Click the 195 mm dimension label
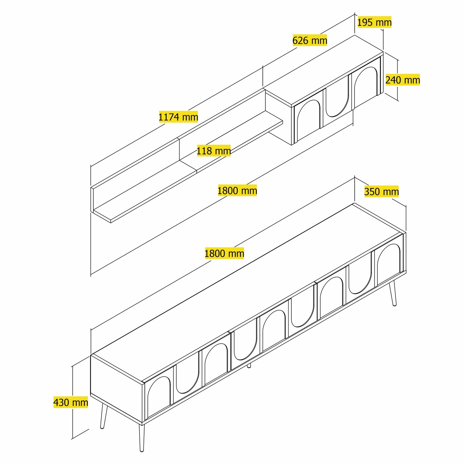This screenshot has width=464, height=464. [x=374, y=23]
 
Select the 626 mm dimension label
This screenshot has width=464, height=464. [x=310, y=41]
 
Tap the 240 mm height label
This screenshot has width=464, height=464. [x=402, y=80]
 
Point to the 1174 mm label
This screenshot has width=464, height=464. [x=178, y=117]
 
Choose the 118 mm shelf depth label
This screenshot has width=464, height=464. [x=213, y=151]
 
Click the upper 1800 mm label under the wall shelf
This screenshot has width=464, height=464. [x=237, y=191]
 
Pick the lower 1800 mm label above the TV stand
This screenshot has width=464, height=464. [x=224, y=254]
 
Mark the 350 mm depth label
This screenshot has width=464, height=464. [x=381, y=192]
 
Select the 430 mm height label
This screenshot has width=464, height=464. [x=71, y=402]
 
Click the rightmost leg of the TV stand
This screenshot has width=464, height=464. [x=393, y=294]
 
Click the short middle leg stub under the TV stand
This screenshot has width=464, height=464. [x=249, y=366]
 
